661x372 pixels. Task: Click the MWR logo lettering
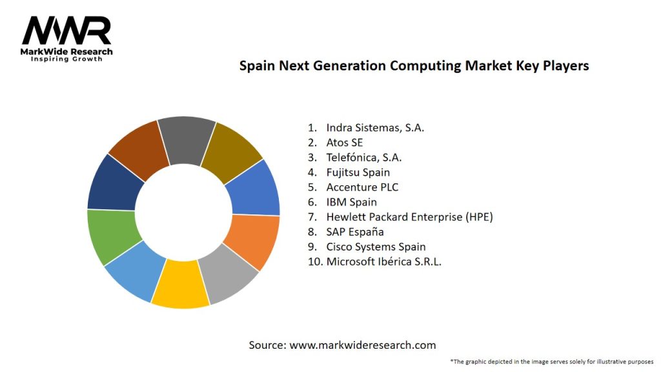tap(66, 31)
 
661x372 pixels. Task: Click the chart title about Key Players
tap(414, 66)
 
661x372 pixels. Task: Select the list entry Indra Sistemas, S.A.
tap(375, 128)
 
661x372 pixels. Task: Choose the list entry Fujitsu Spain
tap(358, 172)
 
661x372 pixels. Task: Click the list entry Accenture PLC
tap(362, 187)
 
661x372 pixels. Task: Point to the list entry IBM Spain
tap(351, 202)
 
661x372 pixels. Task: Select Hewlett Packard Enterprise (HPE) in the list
tap(409, 217)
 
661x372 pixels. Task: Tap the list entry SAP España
tap(355, 232)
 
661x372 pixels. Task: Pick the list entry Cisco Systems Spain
tap(376, 247)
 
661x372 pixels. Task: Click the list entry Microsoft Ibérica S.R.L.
tap(383, 262)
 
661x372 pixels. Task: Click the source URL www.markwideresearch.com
tap(362, 345)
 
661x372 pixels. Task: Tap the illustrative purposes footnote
tap(552, 361)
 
